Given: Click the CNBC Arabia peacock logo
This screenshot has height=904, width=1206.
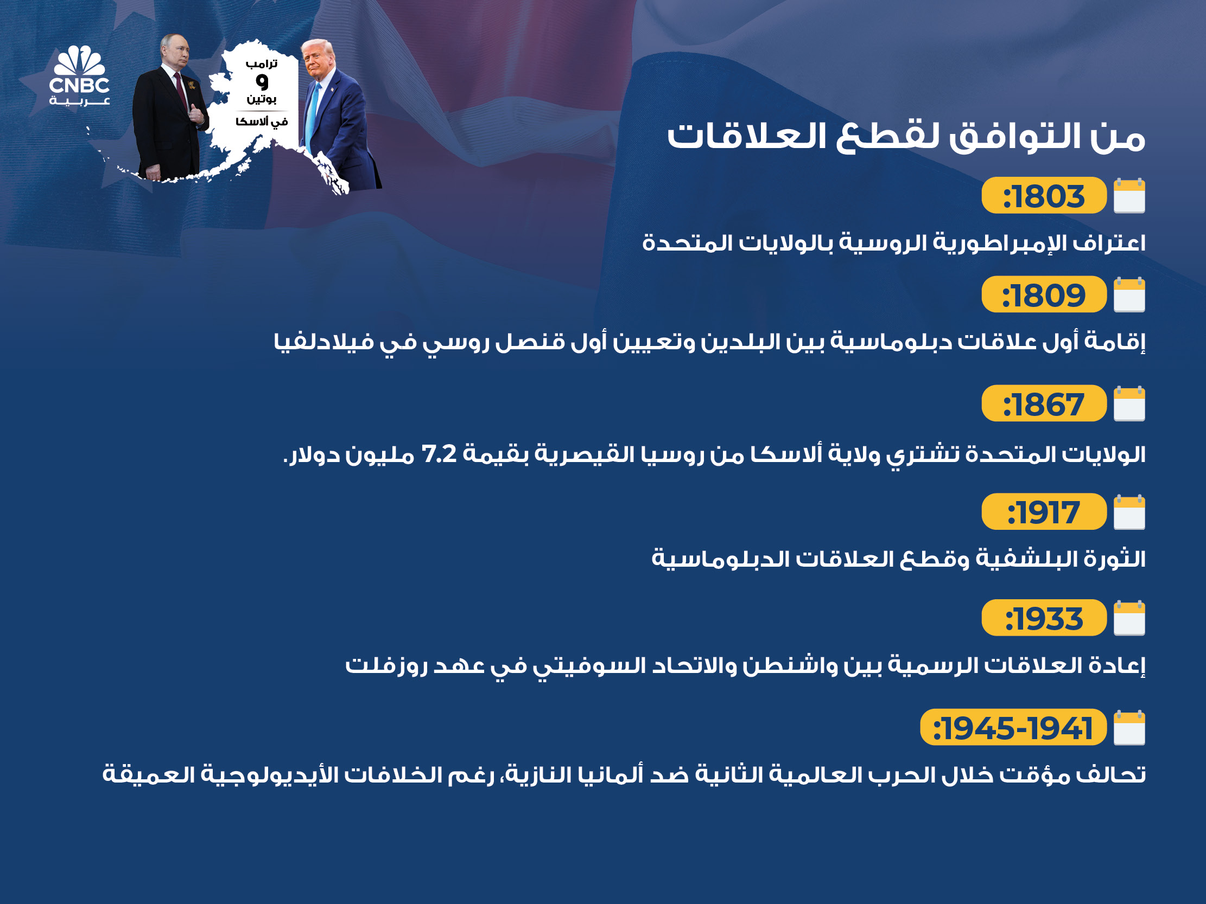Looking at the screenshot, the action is click(x=80, y=75).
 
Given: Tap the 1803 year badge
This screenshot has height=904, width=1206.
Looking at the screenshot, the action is click(x=1044, y=196).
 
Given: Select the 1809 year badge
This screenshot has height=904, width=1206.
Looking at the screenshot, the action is click(x=1044, y=295).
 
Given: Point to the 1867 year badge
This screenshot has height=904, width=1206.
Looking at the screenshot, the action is click(x=1044, y=404).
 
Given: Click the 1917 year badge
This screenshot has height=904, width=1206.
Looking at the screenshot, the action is click(x=1044, y=512).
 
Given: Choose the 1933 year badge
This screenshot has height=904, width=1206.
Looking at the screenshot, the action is click(x=1044, y=618).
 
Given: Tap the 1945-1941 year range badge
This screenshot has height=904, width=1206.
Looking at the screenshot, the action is click(x=1013, y=727).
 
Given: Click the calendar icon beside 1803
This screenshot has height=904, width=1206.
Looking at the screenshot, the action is click(x=1129, y=196).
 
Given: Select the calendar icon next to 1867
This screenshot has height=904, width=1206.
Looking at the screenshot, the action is click(x=1129, y=404).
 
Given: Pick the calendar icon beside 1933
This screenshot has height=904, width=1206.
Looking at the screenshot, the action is click(x=1129, y=618).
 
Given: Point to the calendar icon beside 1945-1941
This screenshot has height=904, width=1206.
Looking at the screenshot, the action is click(x=1129, y=727).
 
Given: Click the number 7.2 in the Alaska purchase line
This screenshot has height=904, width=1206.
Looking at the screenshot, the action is click(x=440, y=454).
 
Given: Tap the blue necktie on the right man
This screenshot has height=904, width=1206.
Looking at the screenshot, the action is click(x=312, y=118).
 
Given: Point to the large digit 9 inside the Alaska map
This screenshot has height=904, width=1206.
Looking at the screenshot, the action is click(x=262, y=82).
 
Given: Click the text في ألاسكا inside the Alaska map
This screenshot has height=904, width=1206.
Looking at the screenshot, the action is click(x=262, y=121).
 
